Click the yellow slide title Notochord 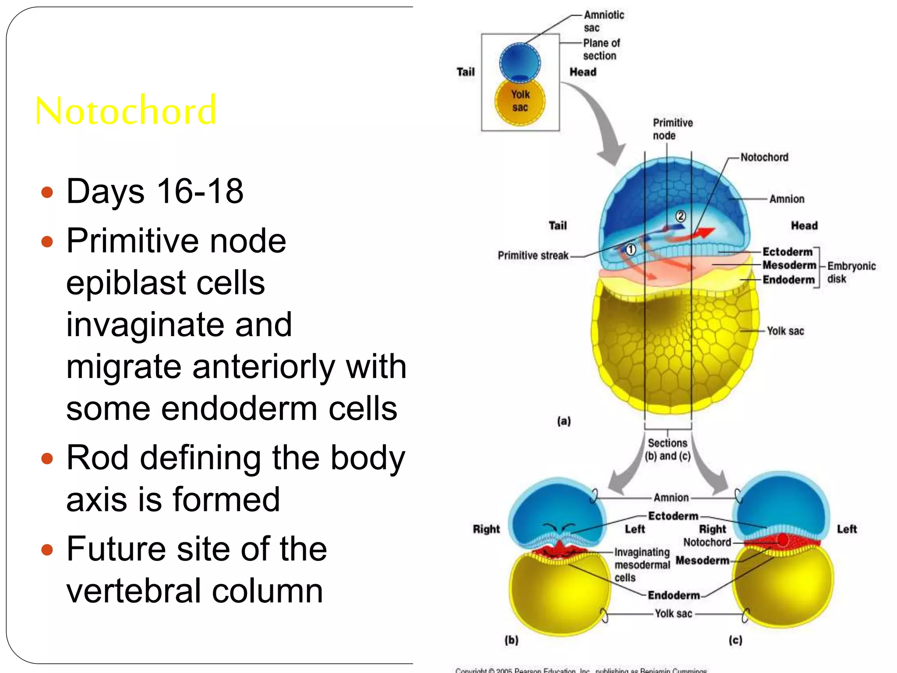click(126, 110)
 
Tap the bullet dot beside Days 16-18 click(47, 192)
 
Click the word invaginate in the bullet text click(179, 324)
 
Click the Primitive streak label click(533, 255)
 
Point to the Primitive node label click(672, 129)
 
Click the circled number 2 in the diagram click(680, 216)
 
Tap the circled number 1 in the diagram click(630, 250)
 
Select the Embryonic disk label click(851, 272)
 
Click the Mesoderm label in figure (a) click(789, 265)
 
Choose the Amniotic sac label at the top click(603, 21)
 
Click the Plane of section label click(601, 49)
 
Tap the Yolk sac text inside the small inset click(520, 101)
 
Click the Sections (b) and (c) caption click(667, 450)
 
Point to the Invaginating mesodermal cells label click(642, 564)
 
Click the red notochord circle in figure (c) click(783, 540)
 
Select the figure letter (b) click(511, 640)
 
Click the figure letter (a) click(564, 421)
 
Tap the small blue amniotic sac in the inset click(520, 61)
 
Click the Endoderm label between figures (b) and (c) click(674, 595)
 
